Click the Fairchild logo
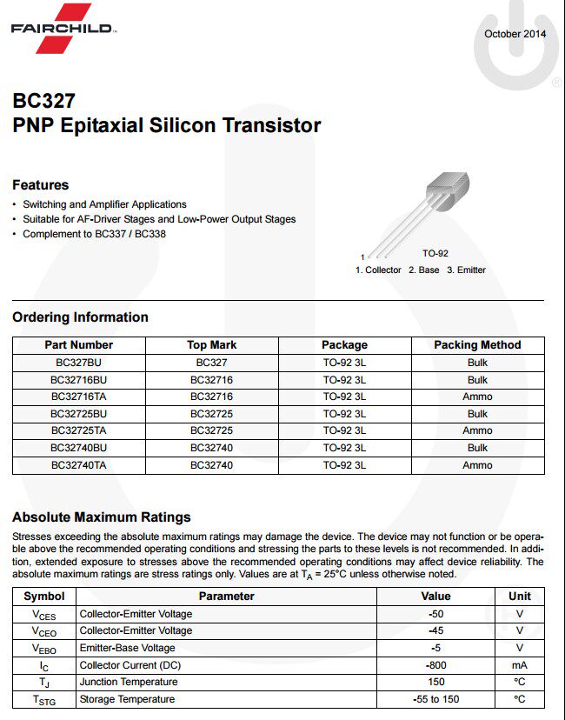(x=61, y=28)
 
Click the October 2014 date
(x=515, y=34)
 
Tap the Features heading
(x=40, y=185)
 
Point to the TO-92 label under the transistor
(x=435, y=253)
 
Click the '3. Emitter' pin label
(x=466, y=270)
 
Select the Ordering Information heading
(x=80, y=317)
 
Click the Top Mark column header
(x=211, y=345)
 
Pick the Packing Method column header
(x=477, y=345)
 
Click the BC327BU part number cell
(x=79, y=363)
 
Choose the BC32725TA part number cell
(x=79, y=430)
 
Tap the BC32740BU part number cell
(x=79, y=448)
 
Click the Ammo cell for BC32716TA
(x=477, y=397)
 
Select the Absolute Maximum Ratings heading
(x=102, y=517)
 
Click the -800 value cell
(x=435, y=665)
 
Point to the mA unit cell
(x=520, y=665)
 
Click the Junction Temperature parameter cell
(x=129, y=683)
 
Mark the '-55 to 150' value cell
(x=435, y=699)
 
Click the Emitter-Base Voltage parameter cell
(x=128, y=648)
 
